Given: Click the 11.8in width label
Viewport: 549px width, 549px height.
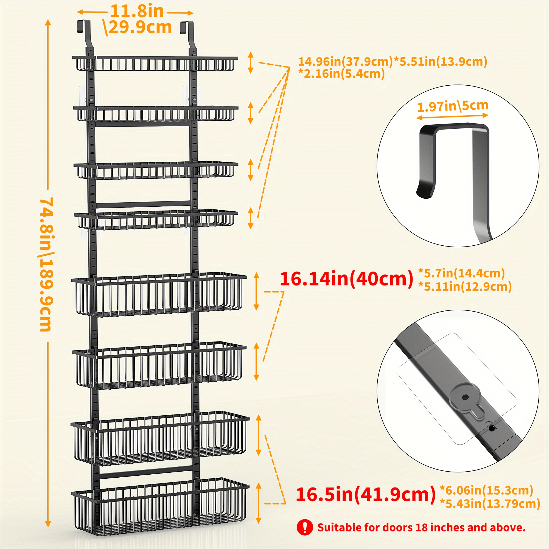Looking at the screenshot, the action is click(137, 11).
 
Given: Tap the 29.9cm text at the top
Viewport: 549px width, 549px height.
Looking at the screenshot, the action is click(140, 27).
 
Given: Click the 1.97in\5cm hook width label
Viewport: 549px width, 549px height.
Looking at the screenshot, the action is click(452, 106).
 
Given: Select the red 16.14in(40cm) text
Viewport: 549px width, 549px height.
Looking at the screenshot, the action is click(346, 279).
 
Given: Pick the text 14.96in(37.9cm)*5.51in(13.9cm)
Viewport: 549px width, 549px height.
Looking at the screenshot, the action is click(393, 61).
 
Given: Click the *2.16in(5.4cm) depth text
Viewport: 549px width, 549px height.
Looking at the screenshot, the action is click(341, 74).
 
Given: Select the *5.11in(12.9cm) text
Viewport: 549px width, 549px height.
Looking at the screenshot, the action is click(465, 286).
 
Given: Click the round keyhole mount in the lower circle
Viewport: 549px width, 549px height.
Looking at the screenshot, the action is click(465, 397).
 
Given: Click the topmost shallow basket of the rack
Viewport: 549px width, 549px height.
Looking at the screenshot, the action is click(155, 63).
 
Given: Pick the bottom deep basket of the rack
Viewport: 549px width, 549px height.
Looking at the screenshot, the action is click(160, 510).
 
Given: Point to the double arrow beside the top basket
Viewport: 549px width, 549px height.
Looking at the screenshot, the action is click(250, 63).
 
